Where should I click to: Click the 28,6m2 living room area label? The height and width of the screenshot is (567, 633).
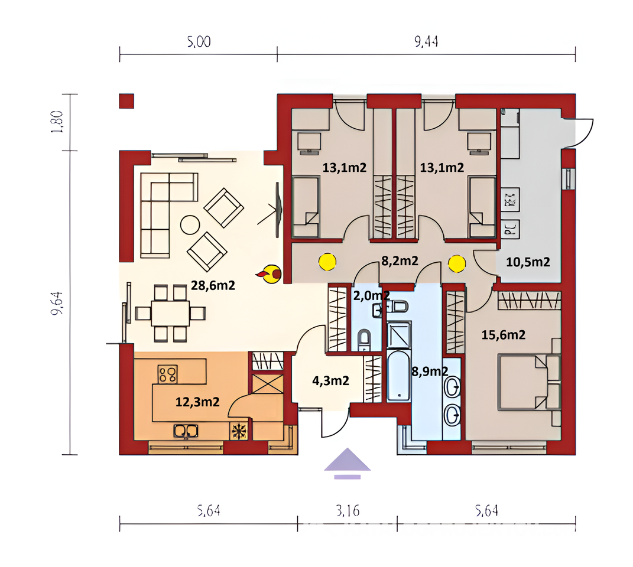[x=213, y=286]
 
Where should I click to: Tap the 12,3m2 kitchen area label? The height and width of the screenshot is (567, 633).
[x=197, y=402]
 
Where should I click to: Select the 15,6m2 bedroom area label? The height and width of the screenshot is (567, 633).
[x=504, y=334]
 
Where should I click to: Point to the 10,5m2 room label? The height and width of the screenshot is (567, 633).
[x=528, y=262]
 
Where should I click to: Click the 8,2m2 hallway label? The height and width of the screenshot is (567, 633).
[x=400, y=261]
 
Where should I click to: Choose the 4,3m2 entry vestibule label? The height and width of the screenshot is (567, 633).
[x=330, y=380]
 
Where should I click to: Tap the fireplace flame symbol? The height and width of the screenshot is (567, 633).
[x=269, y=274]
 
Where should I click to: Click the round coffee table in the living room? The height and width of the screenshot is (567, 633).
[x=190, y=225]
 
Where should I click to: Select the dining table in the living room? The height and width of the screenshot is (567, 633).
[x=170, y=313]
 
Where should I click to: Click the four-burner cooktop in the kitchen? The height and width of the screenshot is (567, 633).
[x=167, y=374]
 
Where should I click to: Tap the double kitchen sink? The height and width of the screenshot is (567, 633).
[x=186, y=431]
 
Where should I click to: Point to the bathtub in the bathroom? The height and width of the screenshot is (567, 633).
[x=399, y=376]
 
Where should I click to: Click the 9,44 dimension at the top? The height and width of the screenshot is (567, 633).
[x=426, y=41]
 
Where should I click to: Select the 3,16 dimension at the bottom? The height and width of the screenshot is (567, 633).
[x=348, y=511]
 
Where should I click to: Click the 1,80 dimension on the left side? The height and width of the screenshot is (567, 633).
[x=58, y=122]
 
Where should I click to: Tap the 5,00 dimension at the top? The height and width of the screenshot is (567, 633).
[x=199, y=41]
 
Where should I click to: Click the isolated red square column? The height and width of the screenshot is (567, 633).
[x=126, y=101]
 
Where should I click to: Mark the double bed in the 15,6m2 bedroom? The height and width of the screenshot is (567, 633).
[x=529, y=382]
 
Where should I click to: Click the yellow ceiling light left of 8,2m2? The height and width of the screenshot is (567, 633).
[x=327, y=262]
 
